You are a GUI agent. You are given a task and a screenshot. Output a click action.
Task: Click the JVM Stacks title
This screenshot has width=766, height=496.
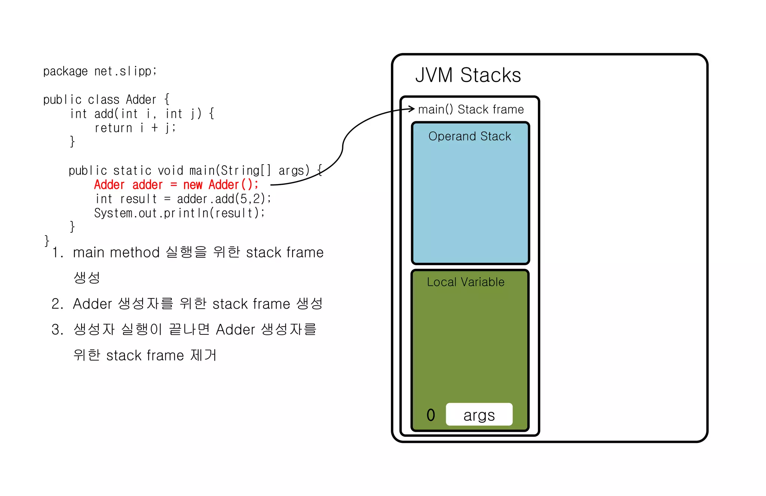tap(468, 75)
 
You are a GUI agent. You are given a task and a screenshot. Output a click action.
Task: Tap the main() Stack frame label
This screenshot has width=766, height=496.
tap(471, 109)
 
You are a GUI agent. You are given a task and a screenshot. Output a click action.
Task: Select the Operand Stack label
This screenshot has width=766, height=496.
tap(469, 136)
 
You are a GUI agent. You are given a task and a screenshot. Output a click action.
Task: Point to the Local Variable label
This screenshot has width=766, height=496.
tap(466, 282)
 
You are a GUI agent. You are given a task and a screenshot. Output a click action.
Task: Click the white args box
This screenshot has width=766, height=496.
tap(479, 414)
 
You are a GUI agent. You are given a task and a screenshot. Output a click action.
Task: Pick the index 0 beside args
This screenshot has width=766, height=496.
tap(431, 415)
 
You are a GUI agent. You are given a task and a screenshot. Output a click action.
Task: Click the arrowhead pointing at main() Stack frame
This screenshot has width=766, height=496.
tap(412, 109)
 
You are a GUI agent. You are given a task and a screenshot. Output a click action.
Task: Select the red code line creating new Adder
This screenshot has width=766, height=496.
tap(176, 185)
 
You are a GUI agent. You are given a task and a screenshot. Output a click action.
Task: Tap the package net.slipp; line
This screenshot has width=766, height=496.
tap(100, 71)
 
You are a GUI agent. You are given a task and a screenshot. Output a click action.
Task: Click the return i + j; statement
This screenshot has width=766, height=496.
tap(135, 128)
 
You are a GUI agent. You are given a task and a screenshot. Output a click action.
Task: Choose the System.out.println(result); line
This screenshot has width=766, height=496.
tap(180, 213)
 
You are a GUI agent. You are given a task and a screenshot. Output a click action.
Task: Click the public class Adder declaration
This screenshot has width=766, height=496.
tap(106, 99)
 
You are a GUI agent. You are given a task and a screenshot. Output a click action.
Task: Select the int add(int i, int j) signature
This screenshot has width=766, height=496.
tap(142, 114)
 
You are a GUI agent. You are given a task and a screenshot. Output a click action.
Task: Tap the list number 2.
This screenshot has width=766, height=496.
tap(57, 304)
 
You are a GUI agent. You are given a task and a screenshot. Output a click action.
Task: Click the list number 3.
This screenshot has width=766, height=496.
tap(57, 330)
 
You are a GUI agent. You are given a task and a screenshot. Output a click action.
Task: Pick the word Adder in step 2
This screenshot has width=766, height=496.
tap(92, 304)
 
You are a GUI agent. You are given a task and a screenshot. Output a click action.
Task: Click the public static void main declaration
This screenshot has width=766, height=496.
tap(194, 171)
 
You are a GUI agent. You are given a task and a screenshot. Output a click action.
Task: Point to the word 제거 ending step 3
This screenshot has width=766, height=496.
tap(203, 355)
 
